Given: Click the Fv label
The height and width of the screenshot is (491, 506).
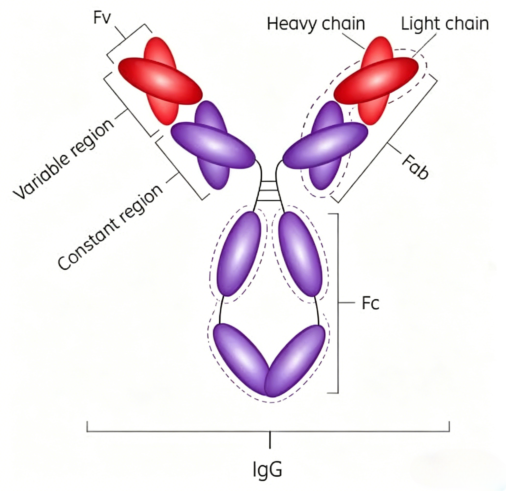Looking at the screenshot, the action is point(102,18).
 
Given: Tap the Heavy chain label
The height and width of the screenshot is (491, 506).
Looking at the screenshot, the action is point(316,24).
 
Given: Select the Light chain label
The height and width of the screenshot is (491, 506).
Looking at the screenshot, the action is point(445,24).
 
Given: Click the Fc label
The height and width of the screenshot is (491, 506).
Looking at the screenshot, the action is point(370,303).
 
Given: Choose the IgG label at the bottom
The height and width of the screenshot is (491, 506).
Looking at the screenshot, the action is point(267,470).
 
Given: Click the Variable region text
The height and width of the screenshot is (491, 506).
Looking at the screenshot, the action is point(63,159).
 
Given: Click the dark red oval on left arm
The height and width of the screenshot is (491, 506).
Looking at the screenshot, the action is point(160,81).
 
